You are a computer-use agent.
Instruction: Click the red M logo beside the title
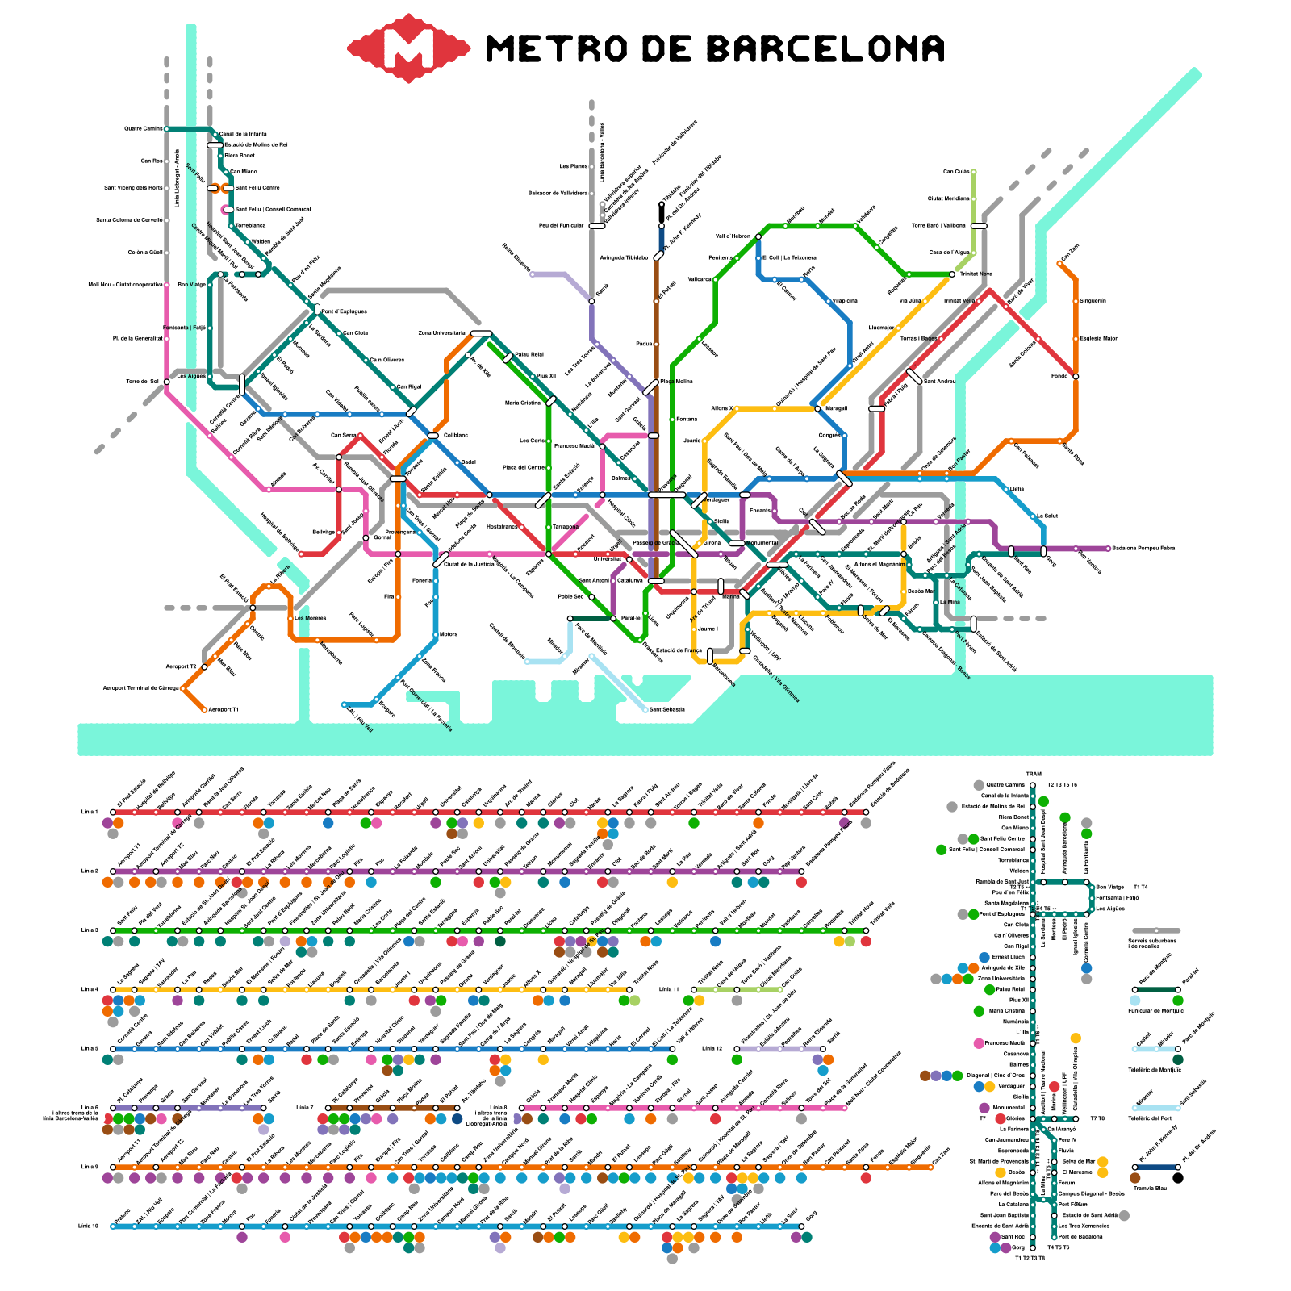tap(409, 48)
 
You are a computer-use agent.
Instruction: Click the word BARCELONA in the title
tap(825, 49)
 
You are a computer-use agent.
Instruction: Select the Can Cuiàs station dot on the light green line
tap(974, 172)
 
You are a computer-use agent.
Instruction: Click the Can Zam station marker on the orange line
tap(1059, 263)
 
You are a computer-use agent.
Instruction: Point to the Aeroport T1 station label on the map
tap(224, 710)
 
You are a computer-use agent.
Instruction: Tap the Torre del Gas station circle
tap(167, 382)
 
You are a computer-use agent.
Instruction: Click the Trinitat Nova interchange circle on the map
tap(952, 274)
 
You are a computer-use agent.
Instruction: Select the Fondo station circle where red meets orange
tap(1076, 376)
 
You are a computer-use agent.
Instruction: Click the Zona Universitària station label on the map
tap(441, 332)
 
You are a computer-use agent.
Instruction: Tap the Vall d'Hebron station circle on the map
tap(758, 236)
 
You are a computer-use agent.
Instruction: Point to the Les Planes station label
tap(574, 166)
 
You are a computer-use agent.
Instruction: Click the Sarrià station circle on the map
tap(591, 301)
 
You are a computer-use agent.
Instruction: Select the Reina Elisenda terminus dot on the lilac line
tap(532, 274)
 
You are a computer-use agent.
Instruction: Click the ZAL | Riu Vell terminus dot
tap(345, 704)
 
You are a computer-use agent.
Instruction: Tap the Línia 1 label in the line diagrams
tap(90, 812)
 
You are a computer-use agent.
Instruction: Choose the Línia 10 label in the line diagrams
tap(88, 1226)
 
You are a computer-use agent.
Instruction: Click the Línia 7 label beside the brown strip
tap(304, 1108)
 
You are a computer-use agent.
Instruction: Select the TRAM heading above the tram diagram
tap(1034, 775)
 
